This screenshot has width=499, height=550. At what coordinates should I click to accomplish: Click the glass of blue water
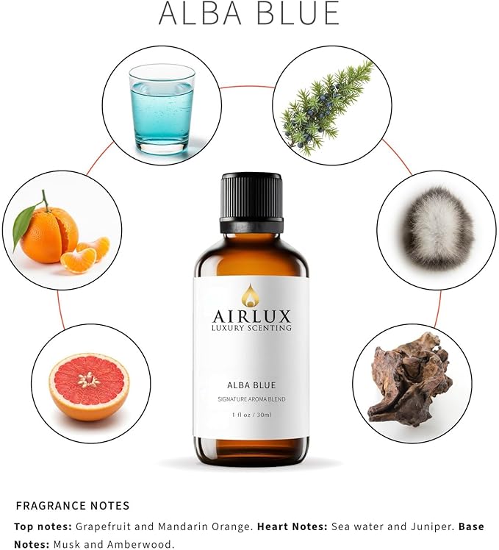pos(162,109)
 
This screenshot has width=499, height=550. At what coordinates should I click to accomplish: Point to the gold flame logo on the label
pos(251,294)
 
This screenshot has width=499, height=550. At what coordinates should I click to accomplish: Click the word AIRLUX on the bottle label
pos(251,316)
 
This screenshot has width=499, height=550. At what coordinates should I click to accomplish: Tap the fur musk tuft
pos(437,229)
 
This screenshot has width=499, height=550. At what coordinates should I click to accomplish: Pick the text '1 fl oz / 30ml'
pos(251,415)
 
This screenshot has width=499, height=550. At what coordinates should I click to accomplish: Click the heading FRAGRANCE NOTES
pos(73,505)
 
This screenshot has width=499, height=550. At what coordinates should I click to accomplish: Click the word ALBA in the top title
pos(200,13)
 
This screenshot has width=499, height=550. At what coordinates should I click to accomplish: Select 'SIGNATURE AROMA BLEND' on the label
pos(251,399)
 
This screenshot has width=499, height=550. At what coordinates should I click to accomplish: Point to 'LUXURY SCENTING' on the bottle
pos(251,328)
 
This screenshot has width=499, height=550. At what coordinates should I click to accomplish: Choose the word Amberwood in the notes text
pos(140,544)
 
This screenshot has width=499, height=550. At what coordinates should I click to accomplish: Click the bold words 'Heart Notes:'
pos(292,526)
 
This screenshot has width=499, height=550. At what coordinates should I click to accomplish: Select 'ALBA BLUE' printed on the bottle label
pos(251,385)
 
